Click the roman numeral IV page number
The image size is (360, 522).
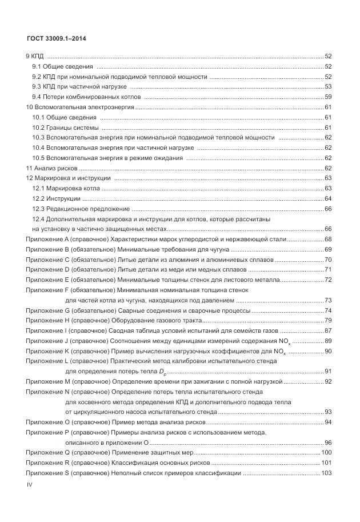click(31, 484)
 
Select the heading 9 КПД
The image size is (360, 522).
click(35, 56)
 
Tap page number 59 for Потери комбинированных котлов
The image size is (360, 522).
click(329, 97)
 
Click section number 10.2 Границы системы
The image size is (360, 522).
click(38, 127)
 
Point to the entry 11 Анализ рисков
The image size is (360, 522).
click(51, 169)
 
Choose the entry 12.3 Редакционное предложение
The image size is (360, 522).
click(81, 209)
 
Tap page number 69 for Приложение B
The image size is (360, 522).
click(329, 250)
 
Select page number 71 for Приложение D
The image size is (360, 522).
click(329, 270)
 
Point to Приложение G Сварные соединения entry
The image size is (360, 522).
click(138, 310)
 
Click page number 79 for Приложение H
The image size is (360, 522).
click(329, 320)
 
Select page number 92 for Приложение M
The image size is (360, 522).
click(329, 381)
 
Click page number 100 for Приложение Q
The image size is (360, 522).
click(327, 453)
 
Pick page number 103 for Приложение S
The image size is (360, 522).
click(327, 473)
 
